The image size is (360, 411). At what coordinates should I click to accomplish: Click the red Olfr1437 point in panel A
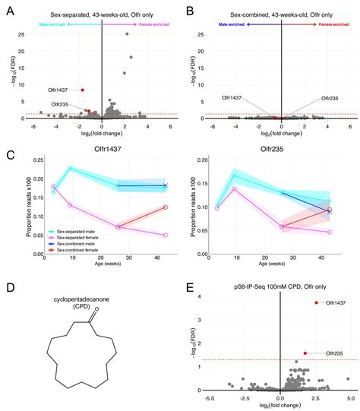(x=83, y=90)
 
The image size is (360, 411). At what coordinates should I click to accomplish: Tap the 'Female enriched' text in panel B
(x=307, y=24)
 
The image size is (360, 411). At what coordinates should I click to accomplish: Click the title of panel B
(x=271, y=11)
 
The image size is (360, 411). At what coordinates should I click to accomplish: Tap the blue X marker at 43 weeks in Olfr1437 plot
(x=165, y=185)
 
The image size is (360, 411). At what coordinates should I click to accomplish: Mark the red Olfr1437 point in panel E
(x=315, y=303)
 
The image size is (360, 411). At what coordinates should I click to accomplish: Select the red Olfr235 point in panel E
(x=305, y=331)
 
